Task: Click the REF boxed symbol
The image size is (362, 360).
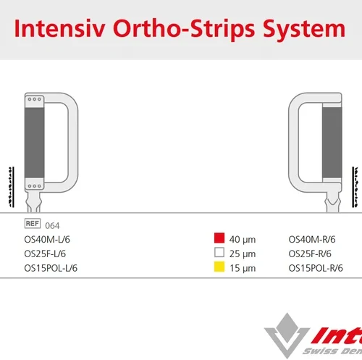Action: [x=32, y=224]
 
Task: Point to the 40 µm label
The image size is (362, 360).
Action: [x=243, y=239]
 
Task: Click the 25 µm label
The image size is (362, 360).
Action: [x=243, y=254]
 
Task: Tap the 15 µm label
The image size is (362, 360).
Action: [x=243, y=268]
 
